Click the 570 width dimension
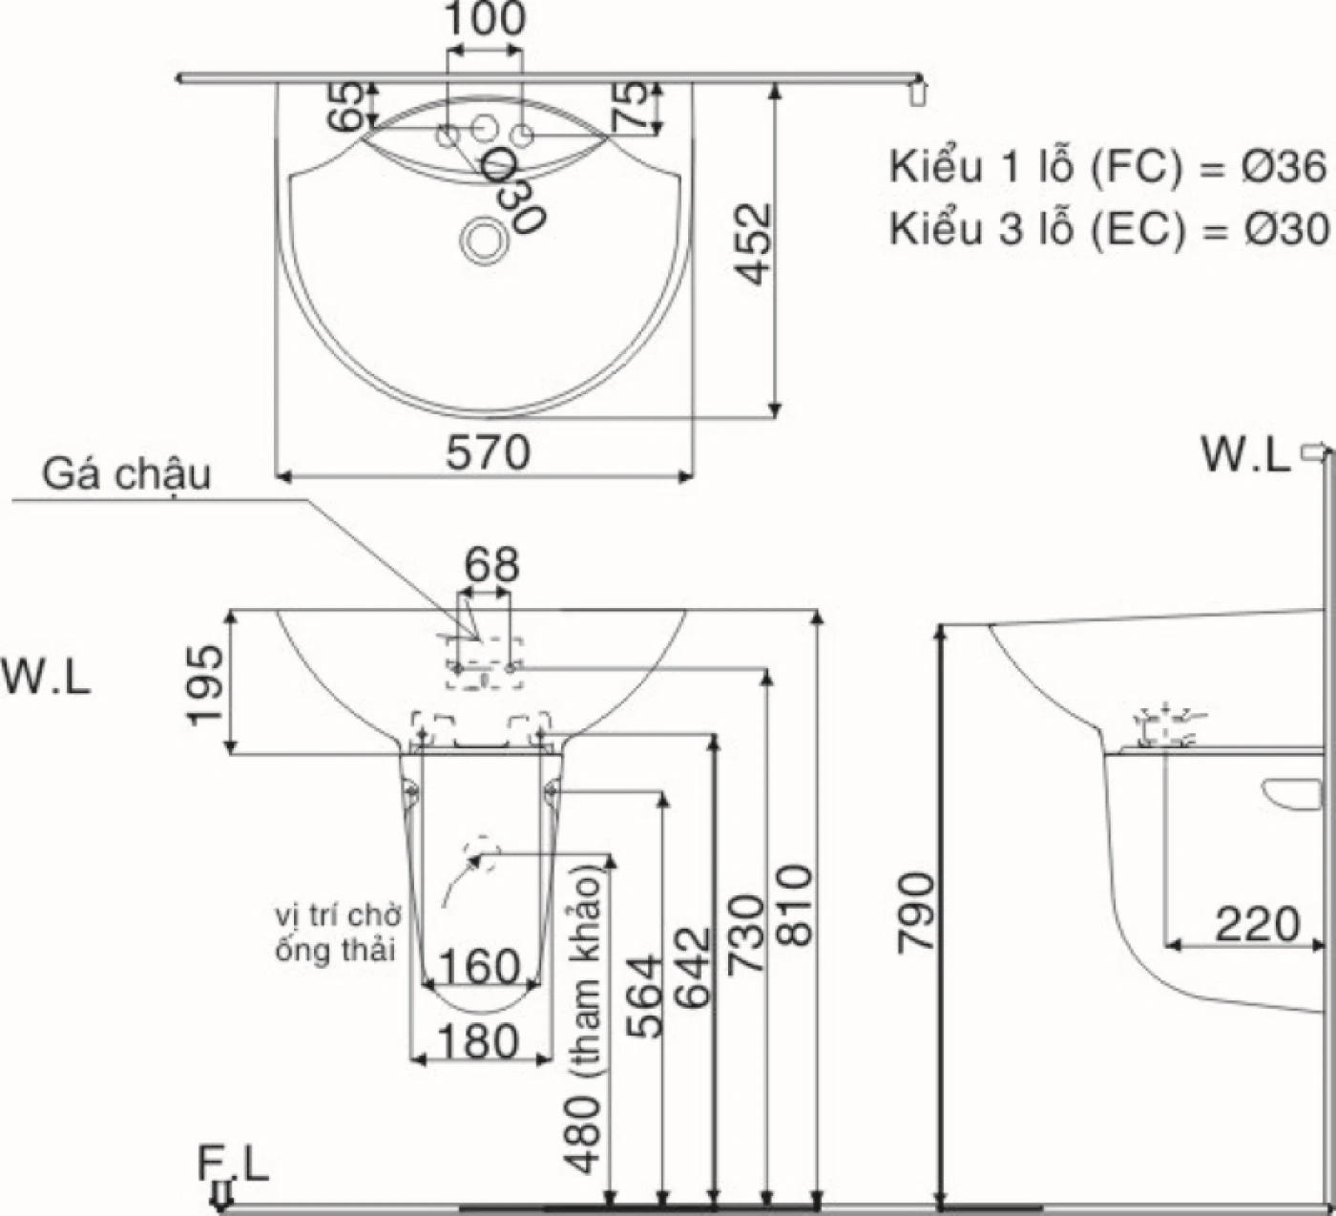488,453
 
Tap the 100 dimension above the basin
485,19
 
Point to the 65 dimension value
345,107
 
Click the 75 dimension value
630,105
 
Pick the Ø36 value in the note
1284,167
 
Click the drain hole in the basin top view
482,240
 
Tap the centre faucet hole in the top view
485,128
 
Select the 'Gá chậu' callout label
127,475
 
